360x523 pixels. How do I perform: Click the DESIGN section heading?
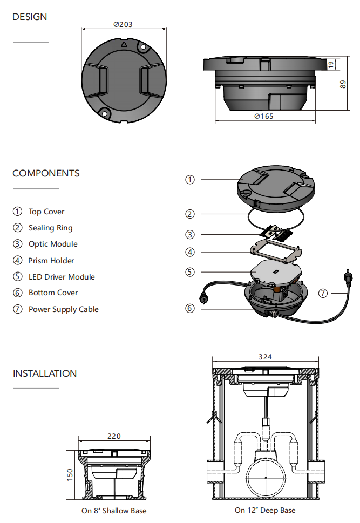30,17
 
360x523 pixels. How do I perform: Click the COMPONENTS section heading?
46,173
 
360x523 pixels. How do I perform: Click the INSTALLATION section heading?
45,373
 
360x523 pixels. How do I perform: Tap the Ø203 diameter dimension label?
123,24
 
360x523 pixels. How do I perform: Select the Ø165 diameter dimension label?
263,117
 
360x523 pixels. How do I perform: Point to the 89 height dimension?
343,84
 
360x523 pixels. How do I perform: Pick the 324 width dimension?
265,356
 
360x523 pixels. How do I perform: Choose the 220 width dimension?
114,436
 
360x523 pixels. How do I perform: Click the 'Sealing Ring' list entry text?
50,228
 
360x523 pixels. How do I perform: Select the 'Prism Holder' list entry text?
51,261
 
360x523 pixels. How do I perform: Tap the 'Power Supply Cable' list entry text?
63,309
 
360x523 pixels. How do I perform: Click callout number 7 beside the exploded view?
323,294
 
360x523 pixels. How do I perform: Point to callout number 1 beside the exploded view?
189,180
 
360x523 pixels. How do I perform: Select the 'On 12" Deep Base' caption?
265,510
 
